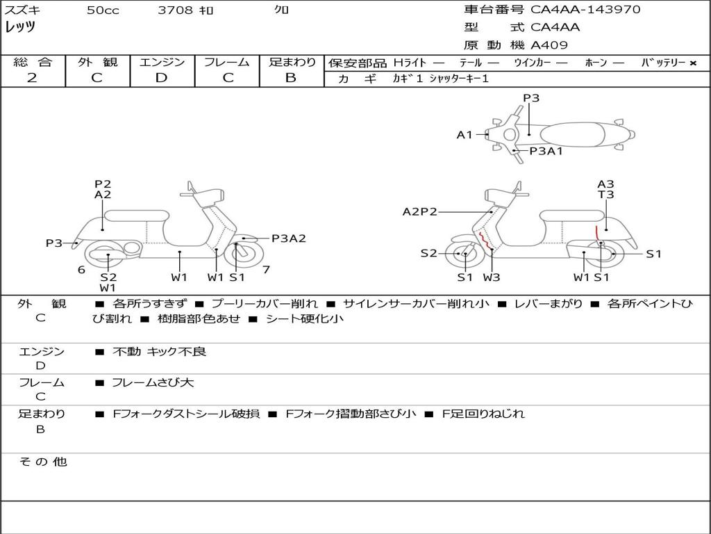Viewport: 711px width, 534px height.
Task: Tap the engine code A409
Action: coord(549,45)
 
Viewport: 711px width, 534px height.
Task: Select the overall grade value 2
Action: coord(32,78)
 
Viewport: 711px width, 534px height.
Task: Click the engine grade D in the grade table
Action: coord(161,78)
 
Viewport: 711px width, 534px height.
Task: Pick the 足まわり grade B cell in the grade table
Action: coord(291,78)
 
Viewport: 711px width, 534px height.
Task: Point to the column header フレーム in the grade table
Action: coord(227,62)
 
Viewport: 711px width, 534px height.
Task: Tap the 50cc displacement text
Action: coord(103,10)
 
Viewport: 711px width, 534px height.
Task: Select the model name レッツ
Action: coord(21,27)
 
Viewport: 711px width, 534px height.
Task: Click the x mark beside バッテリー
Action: coord(692,63)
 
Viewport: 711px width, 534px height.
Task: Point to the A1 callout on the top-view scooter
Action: coord(464,135)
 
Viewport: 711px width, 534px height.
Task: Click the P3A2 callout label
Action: coord(288,238)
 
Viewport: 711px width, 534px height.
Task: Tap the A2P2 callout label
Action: coord(419,211)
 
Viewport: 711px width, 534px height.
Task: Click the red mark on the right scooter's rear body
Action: coord(596,233)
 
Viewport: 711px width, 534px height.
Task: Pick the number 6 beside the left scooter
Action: coord(81,269)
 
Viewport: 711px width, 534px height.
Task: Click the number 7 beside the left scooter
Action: coord(266,269)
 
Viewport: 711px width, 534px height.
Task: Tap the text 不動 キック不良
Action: coord(159,352)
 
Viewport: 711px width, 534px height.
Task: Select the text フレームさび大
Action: coord(153,382)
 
